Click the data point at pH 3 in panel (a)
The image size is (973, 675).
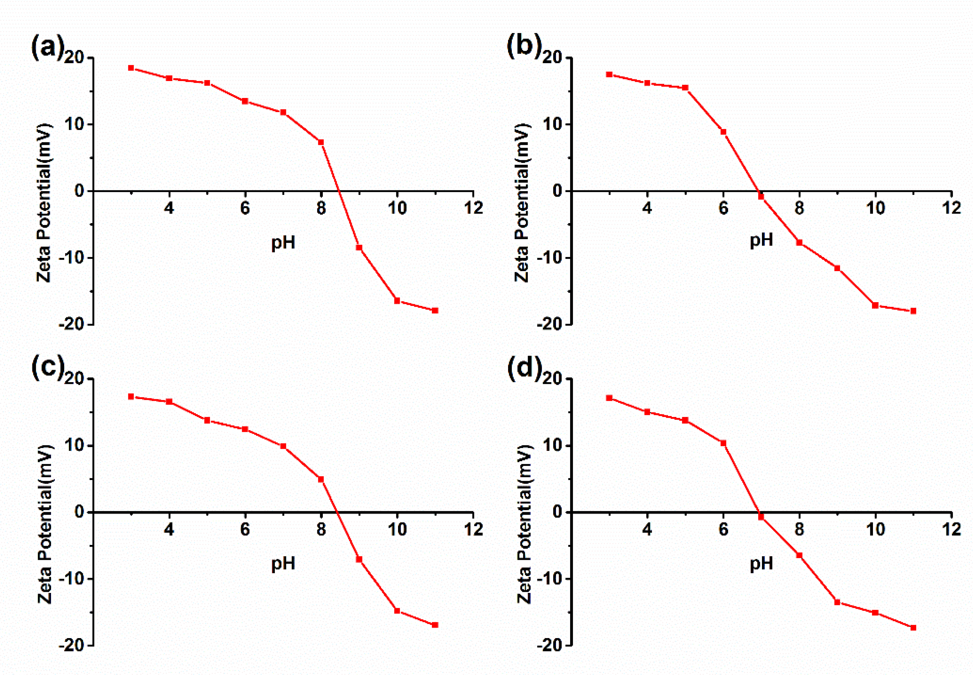pyautogui.click(x=131, y=68)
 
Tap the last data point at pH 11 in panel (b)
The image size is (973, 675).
pyautogui.click(x=913, y=311)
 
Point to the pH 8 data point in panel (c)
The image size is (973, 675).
pyautogui.click(x=321, y=479)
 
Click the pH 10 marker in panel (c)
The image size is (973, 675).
pyautogui.click(x=397, y=611)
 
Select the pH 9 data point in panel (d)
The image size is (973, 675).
pyautogui.click(x=837, y=602)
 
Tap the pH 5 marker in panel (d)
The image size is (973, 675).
pyautogui.click(x=685, y=420)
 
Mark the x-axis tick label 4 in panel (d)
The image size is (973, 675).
pyautogui.click(x=647, y=529)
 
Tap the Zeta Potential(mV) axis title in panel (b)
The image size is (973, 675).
pyautogui.click(x=523, y=203)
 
